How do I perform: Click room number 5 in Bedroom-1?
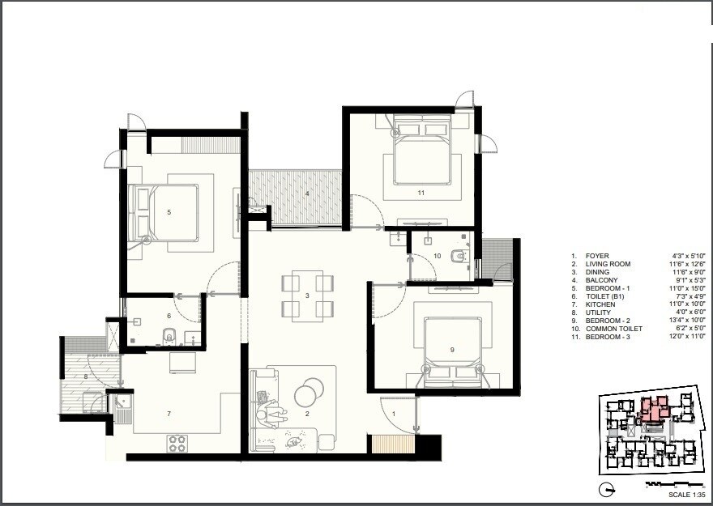[x=169, y=212]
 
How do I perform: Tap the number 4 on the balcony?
[x=307, y=193]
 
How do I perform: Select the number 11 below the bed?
[x=421, y=193]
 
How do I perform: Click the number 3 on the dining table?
[x=307, y=296]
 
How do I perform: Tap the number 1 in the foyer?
[x=395, y=415]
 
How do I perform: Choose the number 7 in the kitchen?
[x=169, y=414]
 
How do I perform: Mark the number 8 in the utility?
[x=85, y=377]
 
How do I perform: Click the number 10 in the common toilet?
[x=437, y=256]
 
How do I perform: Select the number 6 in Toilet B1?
[x=169, y=316]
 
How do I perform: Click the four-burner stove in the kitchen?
[x=177, y=443]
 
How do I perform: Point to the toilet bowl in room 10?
[x=459, y=256]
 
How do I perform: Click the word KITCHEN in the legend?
[x=600, y=304]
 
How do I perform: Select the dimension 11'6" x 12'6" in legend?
[x=686, y=264]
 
